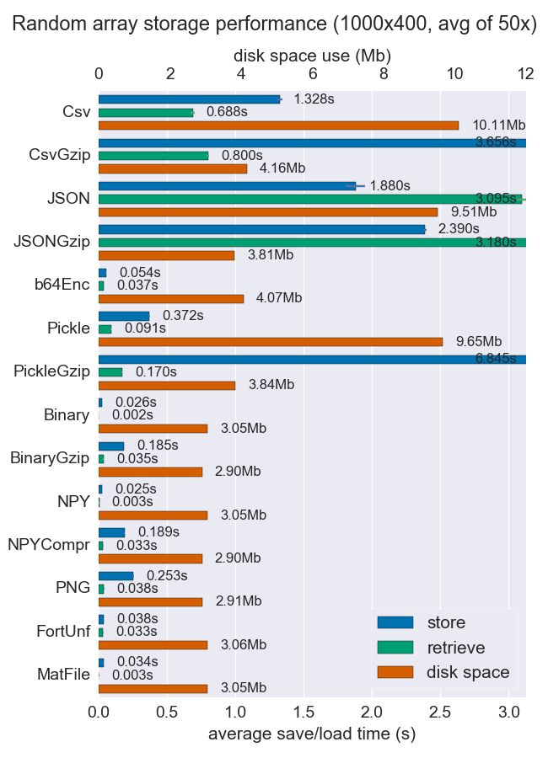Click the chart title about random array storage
(x=274, y=24)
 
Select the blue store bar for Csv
(x=189, y=99)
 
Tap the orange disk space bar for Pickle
(x=271, y=342)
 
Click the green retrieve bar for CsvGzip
(x=153, y=156)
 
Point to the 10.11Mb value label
(x=499, y=125)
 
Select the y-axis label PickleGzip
(x=51, y=371)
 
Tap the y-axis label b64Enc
(x=62, y=285)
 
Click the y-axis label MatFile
(x=63, y=675)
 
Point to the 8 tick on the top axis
(x=384, y=74)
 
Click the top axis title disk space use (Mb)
(x=312, y=56)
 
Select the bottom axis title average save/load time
(x=312, y=734)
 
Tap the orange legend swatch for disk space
(x=395, y=672)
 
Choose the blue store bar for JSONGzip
(x=261, y=229)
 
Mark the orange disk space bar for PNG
(x=150, y=602)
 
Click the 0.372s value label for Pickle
(x=183, y=316)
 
